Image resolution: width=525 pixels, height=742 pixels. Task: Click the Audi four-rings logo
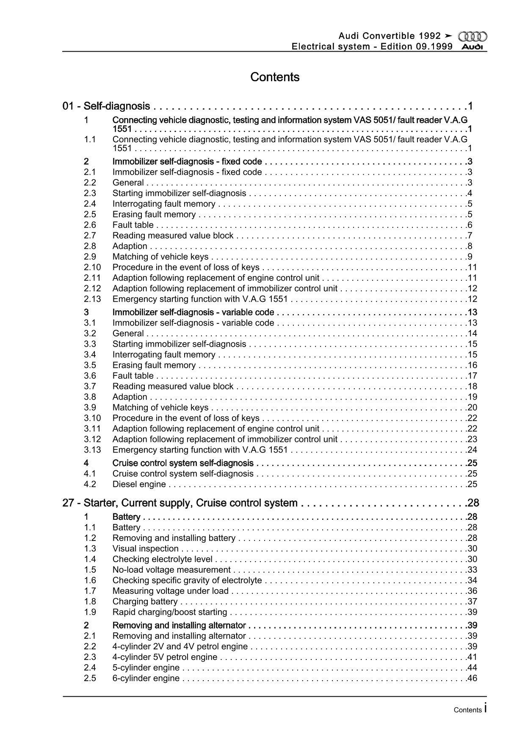click(472, 37)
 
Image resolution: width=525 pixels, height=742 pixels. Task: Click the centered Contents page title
click(275, 77)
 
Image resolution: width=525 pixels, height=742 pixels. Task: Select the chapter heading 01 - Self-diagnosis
click(106, 106)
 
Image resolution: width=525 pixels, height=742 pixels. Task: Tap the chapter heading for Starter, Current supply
click(180, 503)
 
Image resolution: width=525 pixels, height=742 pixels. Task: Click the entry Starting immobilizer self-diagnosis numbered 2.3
click(179, 193)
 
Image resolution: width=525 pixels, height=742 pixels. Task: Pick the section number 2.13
click(92, 299)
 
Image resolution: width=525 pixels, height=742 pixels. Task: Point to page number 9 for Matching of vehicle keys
click(470, 257)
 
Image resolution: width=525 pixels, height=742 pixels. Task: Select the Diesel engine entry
click(139, 484)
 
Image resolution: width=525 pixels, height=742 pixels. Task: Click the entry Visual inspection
click(145, 549)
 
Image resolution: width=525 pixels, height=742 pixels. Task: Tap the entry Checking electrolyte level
click(162, 559)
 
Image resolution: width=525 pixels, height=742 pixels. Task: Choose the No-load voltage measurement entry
click(171, 570)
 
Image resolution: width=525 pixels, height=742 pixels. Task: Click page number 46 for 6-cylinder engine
click(472, 678)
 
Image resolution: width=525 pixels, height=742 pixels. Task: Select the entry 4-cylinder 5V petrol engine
click(165, 657)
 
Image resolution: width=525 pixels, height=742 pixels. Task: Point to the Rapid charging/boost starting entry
click(169, 612)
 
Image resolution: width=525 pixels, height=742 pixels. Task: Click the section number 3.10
click(92, 418)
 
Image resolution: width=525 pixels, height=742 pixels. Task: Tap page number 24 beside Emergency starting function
click(472, 450)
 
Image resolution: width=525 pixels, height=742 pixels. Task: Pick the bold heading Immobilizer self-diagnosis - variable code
click(193, 312)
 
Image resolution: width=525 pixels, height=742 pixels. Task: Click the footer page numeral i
click(485, 709)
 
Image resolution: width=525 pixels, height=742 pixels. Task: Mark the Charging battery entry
click(145, 601)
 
